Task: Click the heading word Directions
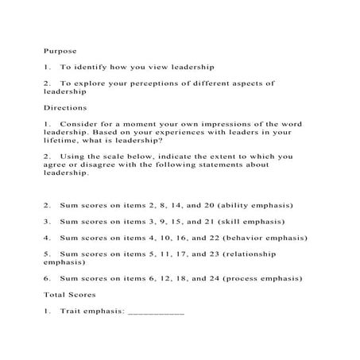tap(65, 107)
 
